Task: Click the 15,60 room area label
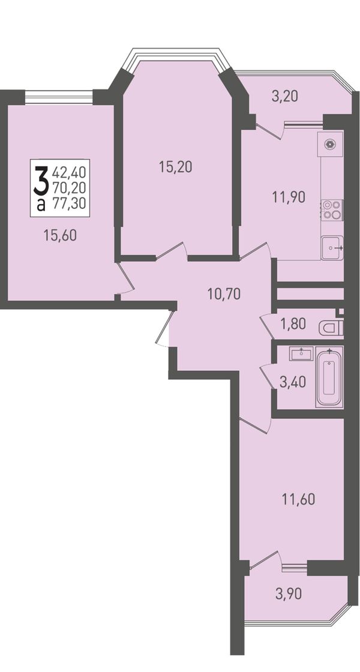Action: [60, 235]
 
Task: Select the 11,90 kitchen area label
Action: [289, 197]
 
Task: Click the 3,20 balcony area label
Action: [284, 96]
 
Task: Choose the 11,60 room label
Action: [298, 499]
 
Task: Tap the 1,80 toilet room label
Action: [293, 324]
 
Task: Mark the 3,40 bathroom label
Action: [293, 382]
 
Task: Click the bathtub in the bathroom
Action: [329, 377]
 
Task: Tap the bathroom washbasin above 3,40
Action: [302, 354]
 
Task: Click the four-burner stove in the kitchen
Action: [332, 210]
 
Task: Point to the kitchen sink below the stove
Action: [332, 248]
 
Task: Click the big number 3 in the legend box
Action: [40, 181]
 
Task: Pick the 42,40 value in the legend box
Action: [70, 173]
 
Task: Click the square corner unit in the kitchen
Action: [331, 145]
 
